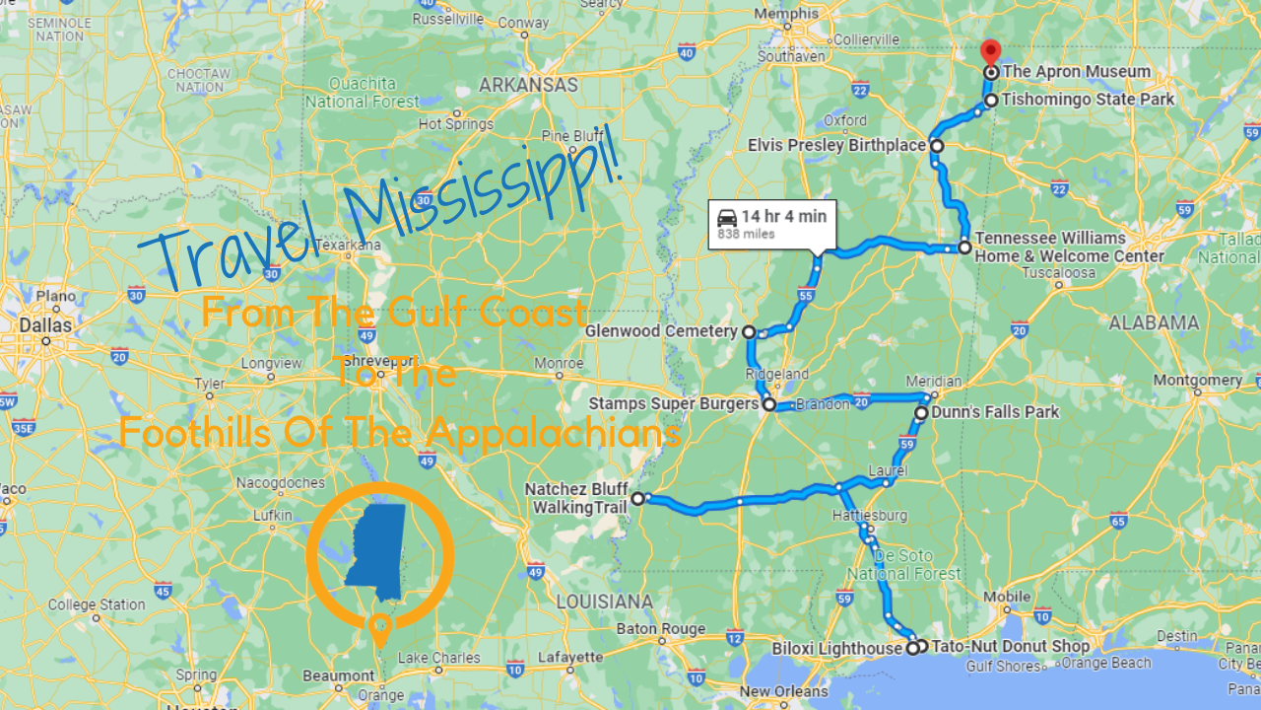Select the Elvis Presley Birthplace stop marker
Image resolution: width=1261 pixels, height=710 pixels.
(937, 146)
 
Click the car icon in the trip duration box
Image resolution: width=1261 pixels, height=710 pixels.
(727, 217)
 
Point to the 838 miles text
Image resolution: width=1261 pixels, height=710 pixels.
(746, 235)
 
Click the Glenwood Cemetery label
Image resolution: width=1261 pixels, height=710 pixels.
(661, 331)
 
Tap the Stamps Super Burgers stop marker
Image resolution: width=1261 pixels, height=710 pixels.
(768, 404)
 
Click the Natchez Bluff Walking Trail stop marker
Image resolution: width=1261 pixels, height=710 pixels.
(637, 499)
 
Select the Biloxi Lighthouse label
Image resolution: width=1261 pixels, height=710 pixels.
(837, 649)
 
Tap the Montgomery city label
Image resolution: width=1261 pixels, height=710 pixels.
(1198, 381)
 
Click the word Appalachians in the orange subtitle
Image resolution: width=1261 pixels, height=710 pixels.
(574, 433)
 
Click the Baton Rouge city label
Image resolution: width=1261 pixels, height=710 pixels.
(660, 629)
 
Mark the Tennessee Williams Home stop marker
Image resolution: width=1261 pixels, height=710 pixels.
(964, 248)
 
